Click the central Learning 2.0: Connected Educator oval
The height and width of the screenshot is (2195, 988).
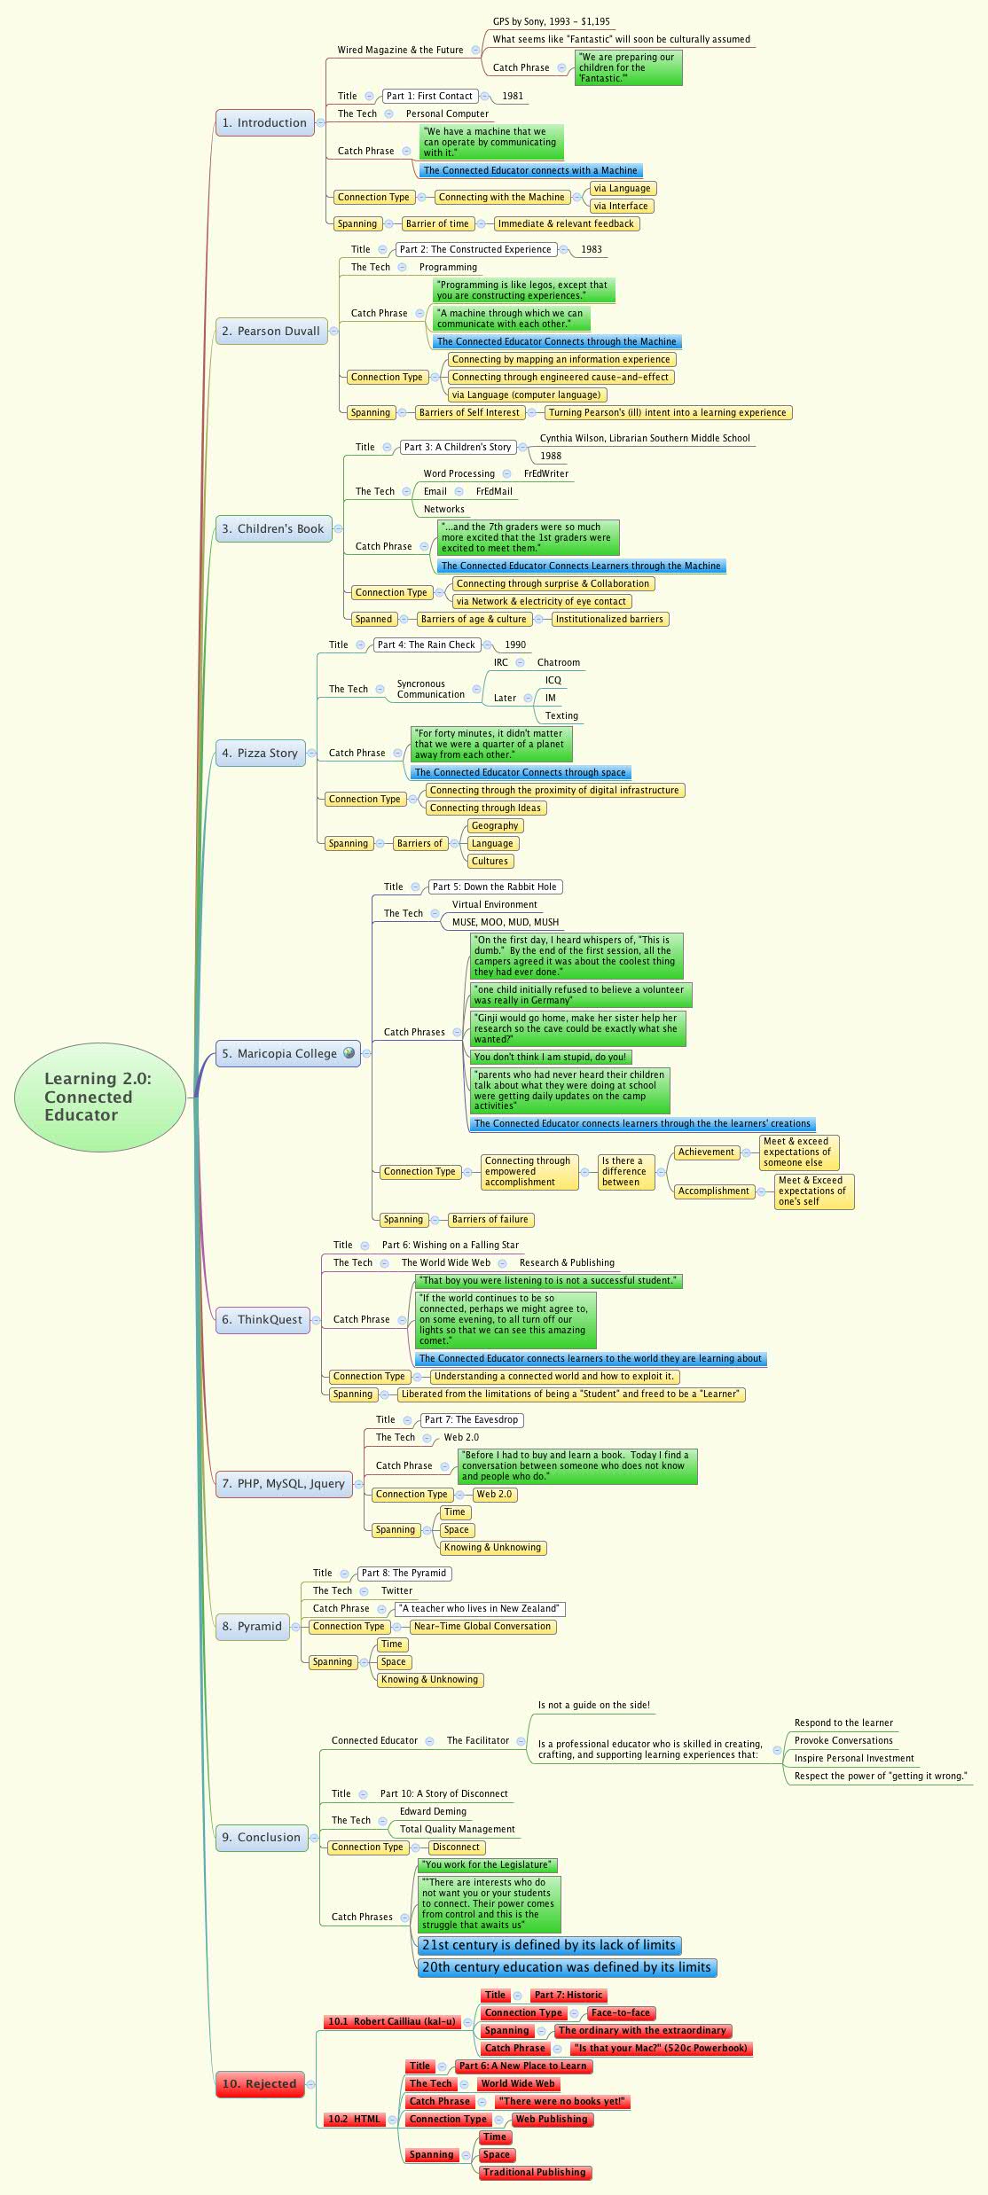99,1097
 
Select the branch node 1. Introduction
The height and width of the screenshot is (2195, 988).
264,123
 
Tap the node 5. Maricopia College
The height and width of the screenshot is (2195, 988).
278,1053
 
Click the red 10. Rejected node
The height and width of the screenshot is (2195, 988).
259,2083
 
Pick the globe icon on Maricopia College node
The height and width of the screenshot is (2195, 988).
349,1053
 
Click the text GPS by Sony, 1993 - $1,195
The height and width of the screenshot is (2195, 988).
551,21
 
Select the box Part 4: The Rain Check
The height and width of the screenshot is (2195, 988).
427,644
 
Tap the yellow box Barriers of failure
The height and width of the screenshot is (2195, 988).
490,1219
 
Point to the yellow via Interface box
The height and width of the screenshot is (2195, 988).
621,206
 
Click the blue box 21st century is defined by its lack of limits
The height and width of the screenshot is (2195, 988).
549,1945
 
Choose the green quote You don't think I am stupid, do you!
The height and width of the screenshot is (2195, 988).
550,1057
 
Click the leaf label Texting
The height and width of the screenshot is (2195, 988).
561,715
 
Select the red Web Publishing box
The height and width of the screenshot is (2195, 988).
552,2119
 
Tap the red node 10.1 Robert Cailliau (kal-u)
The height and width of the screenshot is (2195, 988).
391,2021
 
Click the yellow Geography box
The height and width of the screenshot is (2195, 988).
495,825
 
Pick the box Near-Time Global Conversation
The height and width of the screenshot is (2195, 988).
482,1626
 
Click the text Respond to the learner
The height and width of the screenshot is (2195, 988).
843,1722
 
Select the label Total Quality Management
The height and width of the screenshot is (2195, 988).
457,1829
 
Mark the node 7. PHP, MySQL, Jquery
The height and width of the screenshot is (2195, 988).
283,1483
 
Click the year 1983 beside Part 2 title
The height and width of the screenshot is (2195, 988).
592,249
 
